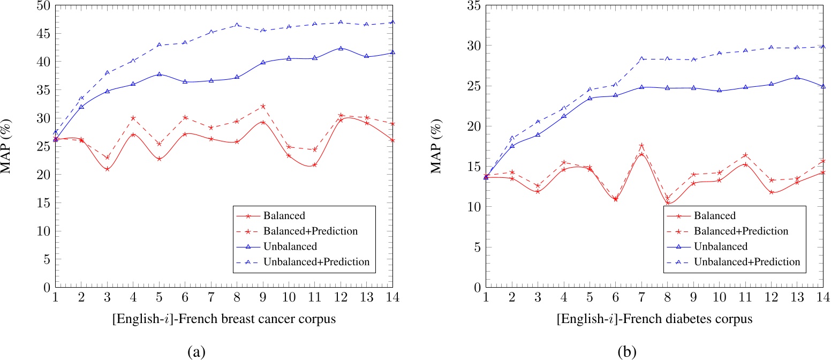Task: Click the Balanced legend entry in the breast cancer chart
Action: pos(284,216)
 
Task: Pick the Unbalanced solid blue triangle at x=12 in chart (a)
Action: pos(341,48)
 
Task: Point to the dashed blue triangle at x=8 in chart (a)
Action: pos(237,25)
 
